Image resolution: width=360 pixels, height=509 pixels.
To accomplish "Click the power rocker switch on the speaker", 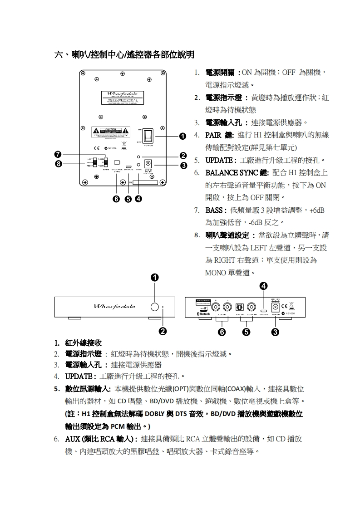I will point(148,136).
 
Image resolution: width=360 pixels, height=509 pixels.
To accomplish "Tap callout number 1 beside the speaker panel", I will point(182,136).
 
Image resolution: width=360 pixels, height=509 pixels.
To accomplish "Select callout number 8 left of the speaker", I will point(58,164).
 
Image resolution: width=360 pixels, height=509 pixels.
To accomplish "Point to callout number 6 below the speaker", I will point(117,198).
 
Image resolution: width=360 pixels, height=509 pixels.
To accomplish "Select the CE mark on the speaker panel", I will point(96,148).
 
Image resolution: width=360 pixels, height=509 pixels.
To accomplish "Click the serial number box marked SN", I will point(144,182).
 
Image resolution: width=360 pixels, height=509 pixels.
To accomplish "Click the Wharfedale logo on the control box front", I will point(114,307).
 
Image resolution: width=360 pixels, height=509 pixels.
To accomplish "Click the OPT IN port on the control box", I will point(240,306).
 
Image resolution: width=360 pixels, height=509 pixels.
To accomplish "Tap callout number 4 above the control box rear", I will point(264,285).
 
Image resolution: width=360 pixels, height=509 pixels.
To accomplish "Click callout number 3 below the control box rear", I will point(275,333).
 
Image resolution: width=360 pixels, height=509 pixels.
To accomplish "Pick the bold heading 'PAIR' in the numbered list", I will point(213,135).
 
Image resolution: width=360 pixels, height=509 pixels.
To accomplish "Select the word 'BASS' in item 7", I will point(213,210).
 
